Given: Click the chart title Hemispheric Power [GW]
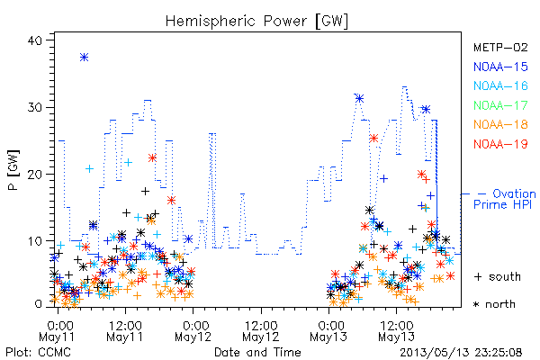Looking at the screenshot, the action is click(256, 21).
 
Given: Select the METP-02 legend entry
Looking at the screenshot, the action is click(500, 47).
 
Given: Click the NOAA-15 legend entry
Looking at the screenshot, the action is click(500, 67).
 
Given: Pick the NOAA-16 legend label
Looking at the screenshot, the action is click(500, 85).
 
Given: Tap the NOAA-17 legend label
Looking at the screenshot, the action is click(500, 105).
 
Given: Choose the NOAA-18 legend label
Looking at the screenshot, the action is click(500, 124).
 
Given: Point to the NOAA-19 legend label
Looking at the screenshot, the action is click(500, 144).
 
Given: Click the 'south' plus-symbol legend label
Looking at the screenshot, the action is click(505, 276).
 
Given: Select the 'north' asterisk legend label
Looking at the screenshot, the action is click(500, 304).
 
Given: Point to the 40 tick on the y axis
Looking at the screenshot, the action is click(34, 40).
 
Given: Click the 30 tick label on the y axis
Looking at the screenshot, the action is click(34, 107).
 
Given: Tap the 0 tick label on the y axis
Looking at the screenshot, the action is click(39, 304).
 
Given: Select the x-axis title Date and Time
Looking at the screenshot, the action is click(257, 352).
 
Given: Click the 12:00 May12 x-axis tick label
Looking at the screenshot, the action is click(261, 331).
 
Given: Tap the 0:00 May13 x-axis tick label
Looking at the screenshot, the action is click(328, 331).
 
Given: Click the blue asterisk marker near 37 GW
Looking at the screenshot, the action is click(84, 58).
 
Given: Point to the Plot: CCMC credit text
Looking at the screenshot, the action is click(38, 352).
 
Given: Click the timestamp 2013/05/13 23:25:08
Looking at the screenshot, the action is click(461, 353).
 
